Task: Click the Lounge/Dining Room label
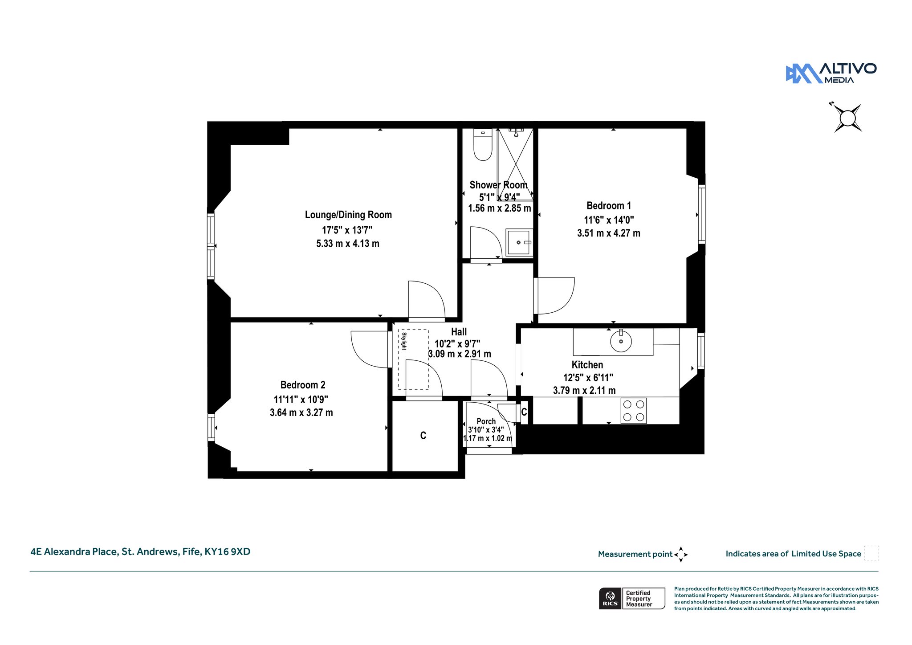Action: (x=348, y=215)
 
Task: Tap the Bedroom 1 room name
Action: (x=609, y=206)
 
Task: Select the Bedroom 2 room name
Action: (x=303, y=385)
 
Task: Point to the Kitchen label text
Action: (x=587, y=365)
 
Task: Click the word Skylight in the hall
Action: (x=404, y=341)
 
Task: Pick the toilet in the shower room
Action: (x=483, y=144)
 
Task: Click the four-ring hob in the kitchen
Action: (x=634, y=411)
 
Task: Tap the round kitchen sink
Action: (x=621, y=342)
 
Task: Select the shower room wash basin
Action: (x=519, y=242)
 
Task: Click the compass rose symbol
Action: (x=848, y=118)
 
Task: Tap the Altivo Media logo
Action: (x=831, y=73)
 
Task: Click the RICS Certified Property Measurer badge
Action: (x=632, y=598)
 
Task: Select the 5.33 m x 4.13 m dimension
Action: (x=348, y=244)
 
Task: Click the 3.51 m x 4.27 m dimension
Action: (x=609, y=233)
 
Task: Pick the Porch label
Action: (x=486, y=421)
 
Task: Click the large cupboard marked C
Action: (x=423, y=436)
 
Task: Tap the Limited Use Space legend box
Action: (x=871, y=553)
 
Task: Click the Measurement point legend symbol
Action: (x=681, y=555)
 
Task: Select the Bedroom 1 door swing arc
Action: (x=568, y=303)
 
